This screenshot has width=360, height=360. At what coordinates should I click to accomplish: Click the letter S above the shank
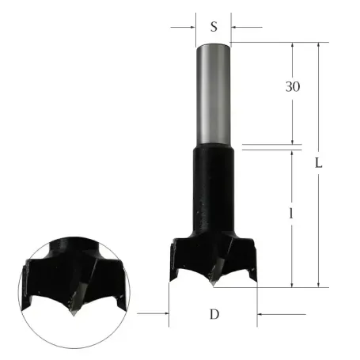coord(214,26)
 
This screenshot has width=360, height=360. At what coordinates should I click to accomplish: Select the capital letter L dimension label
coord(318,164)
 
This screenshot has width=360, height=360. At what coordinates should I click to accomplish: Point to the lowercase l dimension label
coord(294,214)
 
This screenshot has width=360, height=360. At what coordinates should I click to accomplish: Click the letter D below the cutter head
coord(214,314)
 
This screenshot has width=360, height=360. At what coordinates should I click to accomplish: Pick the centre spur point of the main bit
coord(214,281)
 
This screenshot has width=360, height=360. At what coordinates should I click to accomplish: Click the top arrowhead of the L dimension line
coord(318,46)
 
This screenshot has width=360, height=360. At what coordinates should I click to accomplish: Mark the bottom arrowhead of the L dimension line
coord(318,282)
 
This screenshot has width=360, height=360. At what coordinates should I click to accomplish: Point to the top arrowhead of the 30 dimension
coord(294,46)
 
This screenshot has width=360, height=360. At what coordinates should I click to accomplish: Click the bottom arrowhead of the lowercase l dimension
coord(294,282)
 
